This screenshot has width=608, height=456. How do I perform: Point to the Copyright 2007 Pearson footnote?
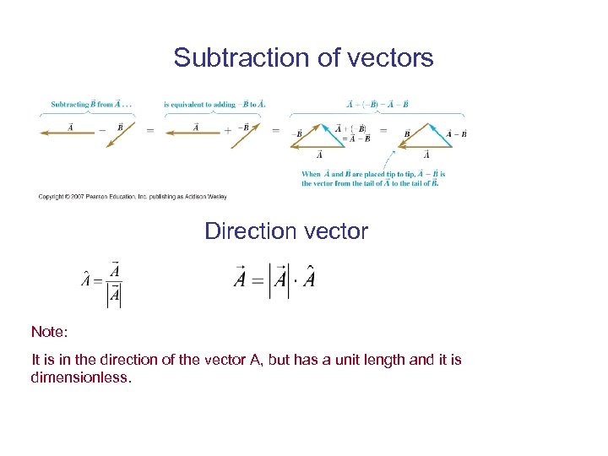132,197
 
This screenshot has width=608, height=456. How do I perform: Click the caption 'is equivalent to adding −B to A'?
214,105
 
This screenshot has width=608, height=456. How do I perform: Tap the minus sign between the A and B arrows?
102,130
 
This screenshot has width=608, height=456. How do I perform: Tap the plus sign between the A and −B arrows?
227,130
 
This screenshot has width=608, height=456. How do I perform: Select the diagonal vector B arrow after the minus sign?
121,134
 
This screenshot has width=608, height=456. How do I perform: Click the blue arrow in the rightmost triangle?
438,136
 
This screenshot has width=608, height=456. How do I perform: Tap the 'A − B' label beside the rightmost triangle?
456,133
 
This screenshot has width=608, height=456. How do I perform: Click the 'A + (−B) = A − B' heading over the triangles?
377,105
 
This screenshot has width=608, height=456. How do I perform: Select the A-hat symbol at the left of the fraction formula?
86,280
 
